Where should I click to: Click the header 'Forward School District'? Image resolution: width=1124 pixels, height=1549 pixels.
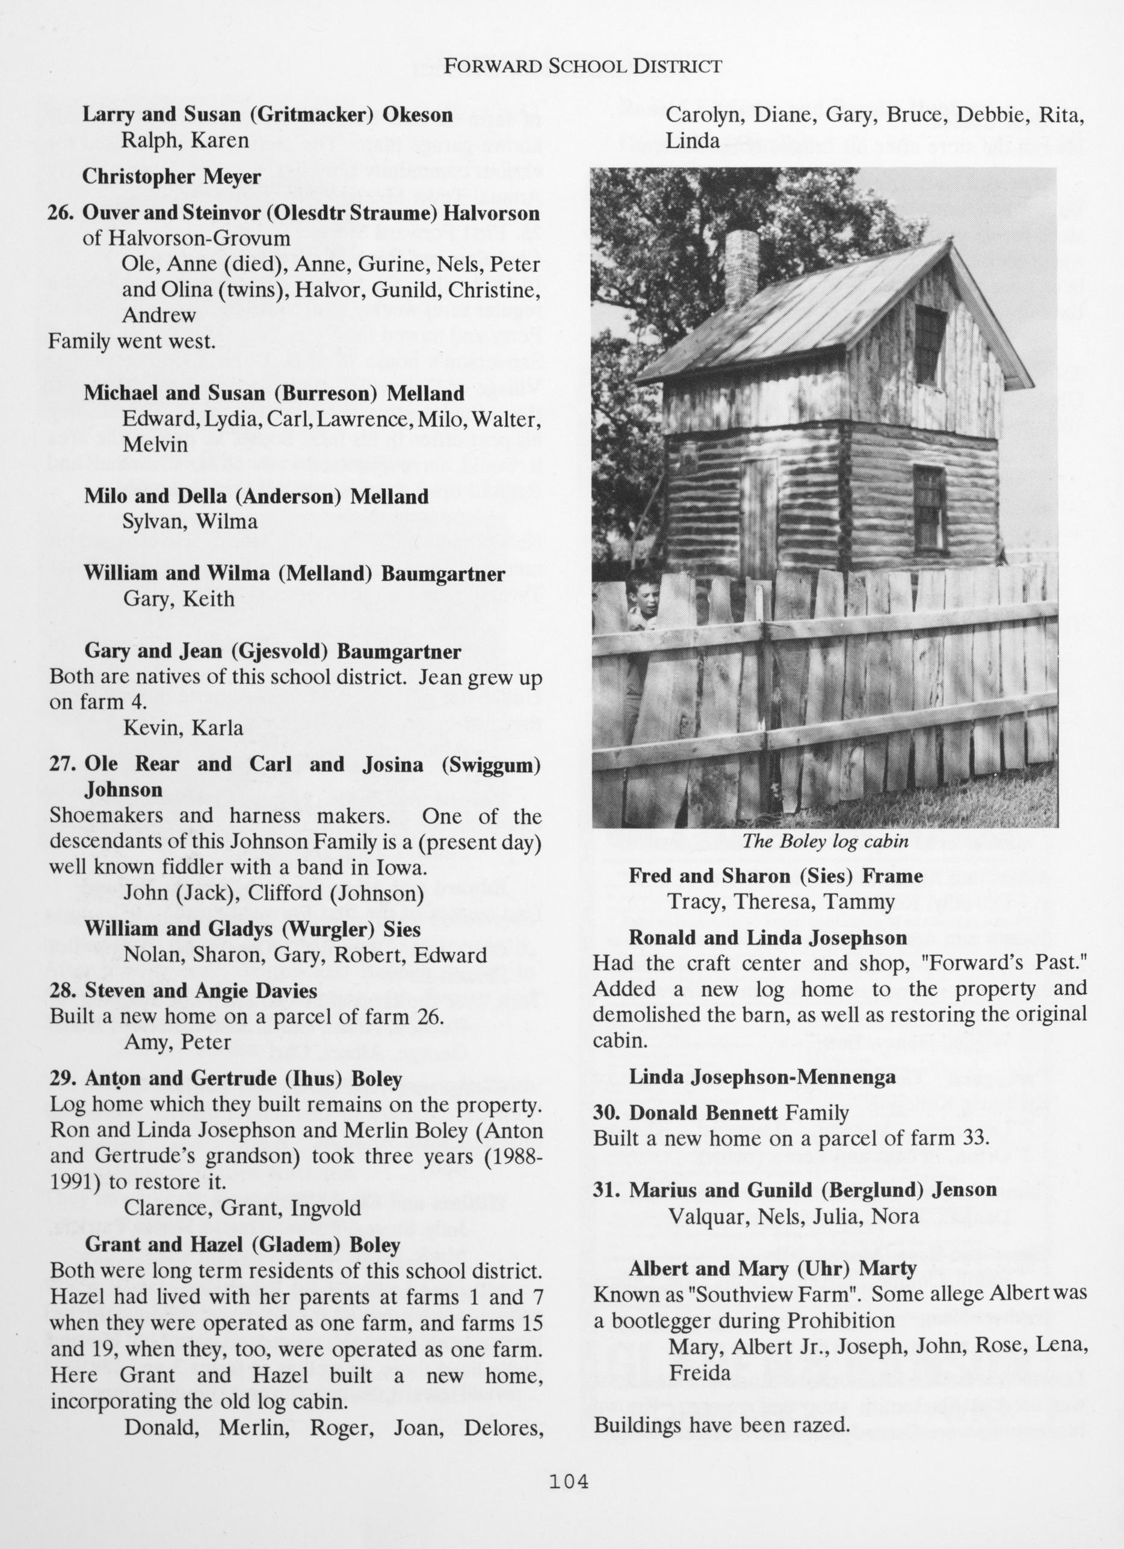pos(582,66)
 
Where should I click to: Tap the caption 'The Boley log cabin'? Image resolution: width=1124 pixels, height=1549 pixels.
pos(825,842)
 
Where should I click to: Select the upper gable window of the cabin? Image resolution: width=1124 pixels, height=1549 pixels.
pos(928,345)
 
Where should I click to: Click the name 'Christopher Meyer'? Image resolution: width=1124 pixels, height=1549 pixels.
pos(171,177)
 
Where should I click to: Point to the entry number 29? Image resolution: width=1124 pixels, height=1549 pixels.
pos(62,1079)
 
